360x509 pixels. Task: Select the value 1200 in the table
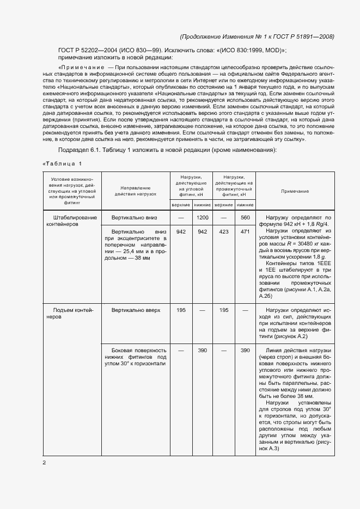click(x=203, y=218)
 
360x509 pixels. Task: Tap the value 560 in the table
click(x=245, y=218)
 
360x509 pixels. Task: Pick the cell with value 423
click(x=223, y=231)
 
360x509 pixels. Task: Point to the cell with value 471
click(x=245, y=231)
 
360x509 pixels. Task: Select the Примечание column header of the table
click(x=295, y=191)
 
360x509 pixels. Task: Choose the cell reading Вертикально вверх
click(x=136, y=310)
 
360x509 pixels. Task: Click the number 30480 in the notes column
click(x=313, y=245)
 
